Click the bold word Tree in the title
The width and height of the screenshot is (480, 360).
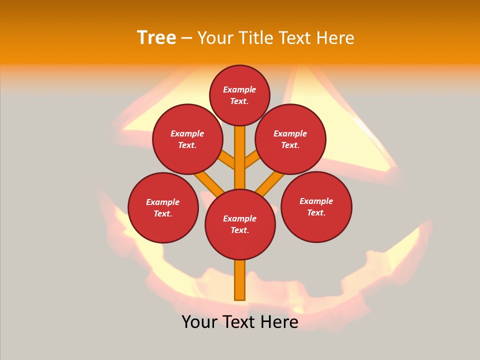point(156,38)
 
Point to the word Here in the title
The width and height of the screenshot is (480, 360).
point(335,38)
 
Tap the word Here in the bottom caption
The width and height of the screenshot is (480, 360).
point(279,322)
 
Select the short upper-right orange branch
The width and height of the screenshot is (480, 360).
point(252,160)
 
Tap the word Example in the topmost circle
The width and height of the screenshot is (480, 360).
point(239,89)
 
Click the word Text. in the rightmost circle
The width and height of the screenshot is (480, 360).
point(316,212)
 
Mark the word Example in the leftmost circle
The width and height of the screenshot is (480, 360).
point(163,202)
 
